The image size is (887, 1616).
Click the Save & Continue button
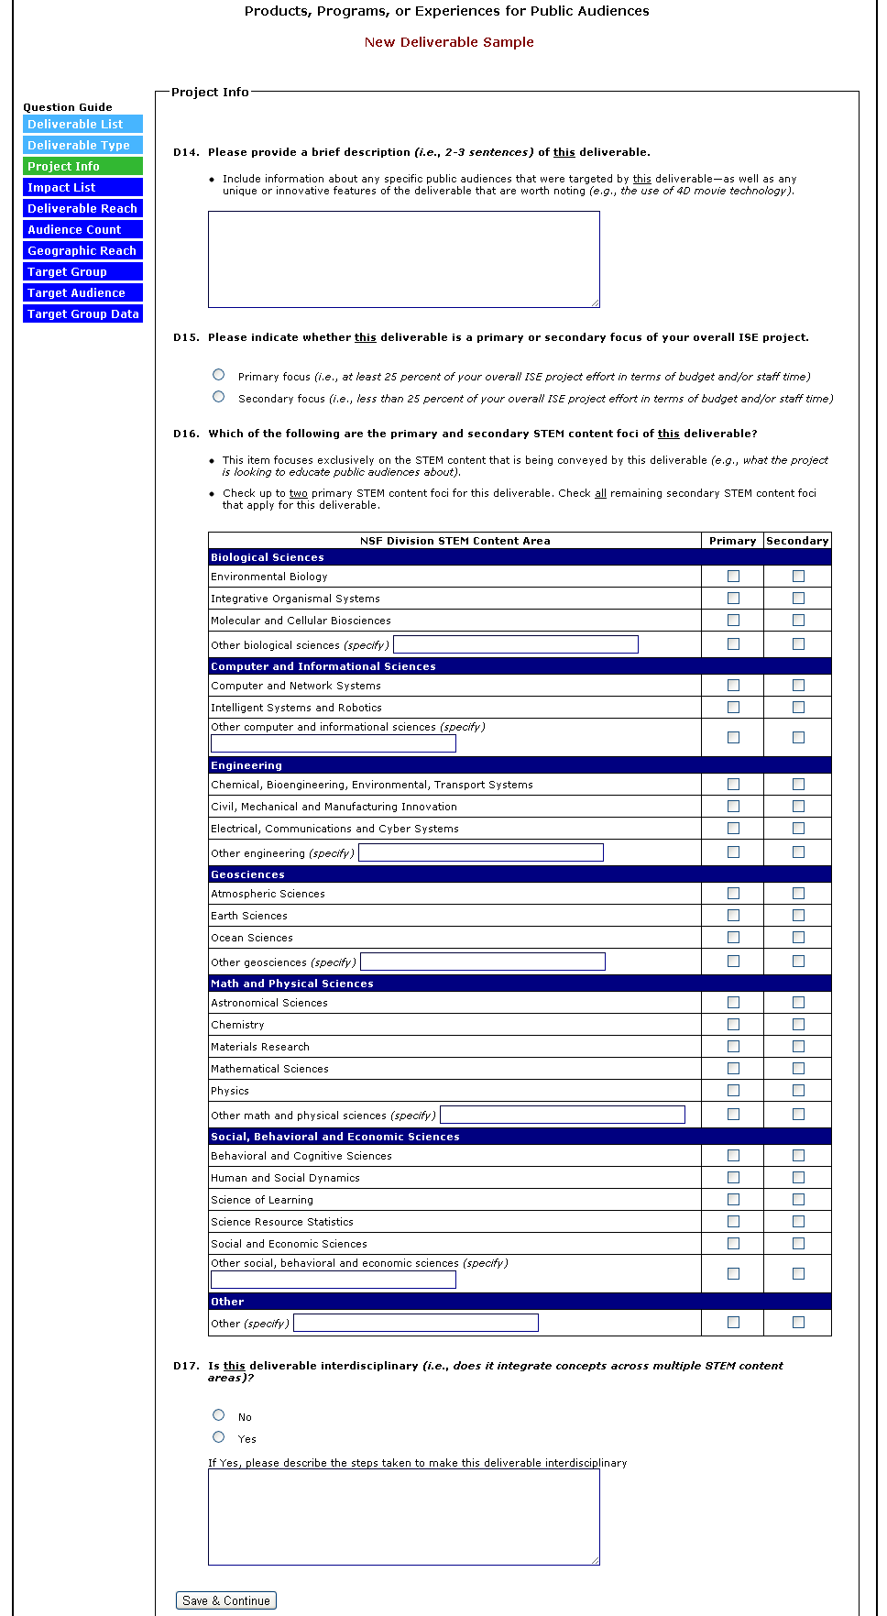(226, 1600)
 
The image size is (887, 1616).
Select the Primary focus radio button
(218, 374)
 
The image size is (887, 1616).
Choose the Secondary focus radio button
(218, 396)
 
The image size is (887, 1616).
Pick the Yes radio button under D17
(218, 1436)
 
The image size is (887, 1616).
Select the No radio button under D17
(218, 1414)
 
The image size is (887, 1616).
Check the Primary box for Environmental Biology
(733, 576)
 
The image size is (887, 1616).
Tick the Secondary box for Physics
(798, 1090)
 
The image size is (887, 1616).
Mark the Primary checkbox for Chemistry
(733, 1024)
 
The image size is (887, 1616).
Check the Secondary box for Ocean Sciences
(798, 937)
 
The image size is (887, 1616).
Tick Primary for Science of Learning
(733, 1199)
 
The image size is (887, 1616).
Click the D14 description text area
(403, 258)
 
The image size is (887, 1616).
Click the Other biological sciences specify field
(515, 644)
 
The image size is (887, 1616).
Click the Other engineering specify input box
(480, 852)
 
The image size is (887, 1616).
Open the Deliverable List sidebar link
(82, 124)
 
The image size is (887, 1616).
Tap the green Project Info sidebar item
(82, 166)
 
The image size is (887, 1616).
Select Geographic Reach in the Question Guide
(82, 250)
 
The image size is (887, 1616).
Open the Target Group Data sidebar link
(82, 313)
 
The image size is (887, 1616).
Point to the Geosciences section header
(247, 874)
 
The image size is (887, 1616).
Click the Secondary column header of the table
(797, 541)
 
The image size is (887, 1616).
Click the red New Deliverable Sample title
(449, 42)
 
